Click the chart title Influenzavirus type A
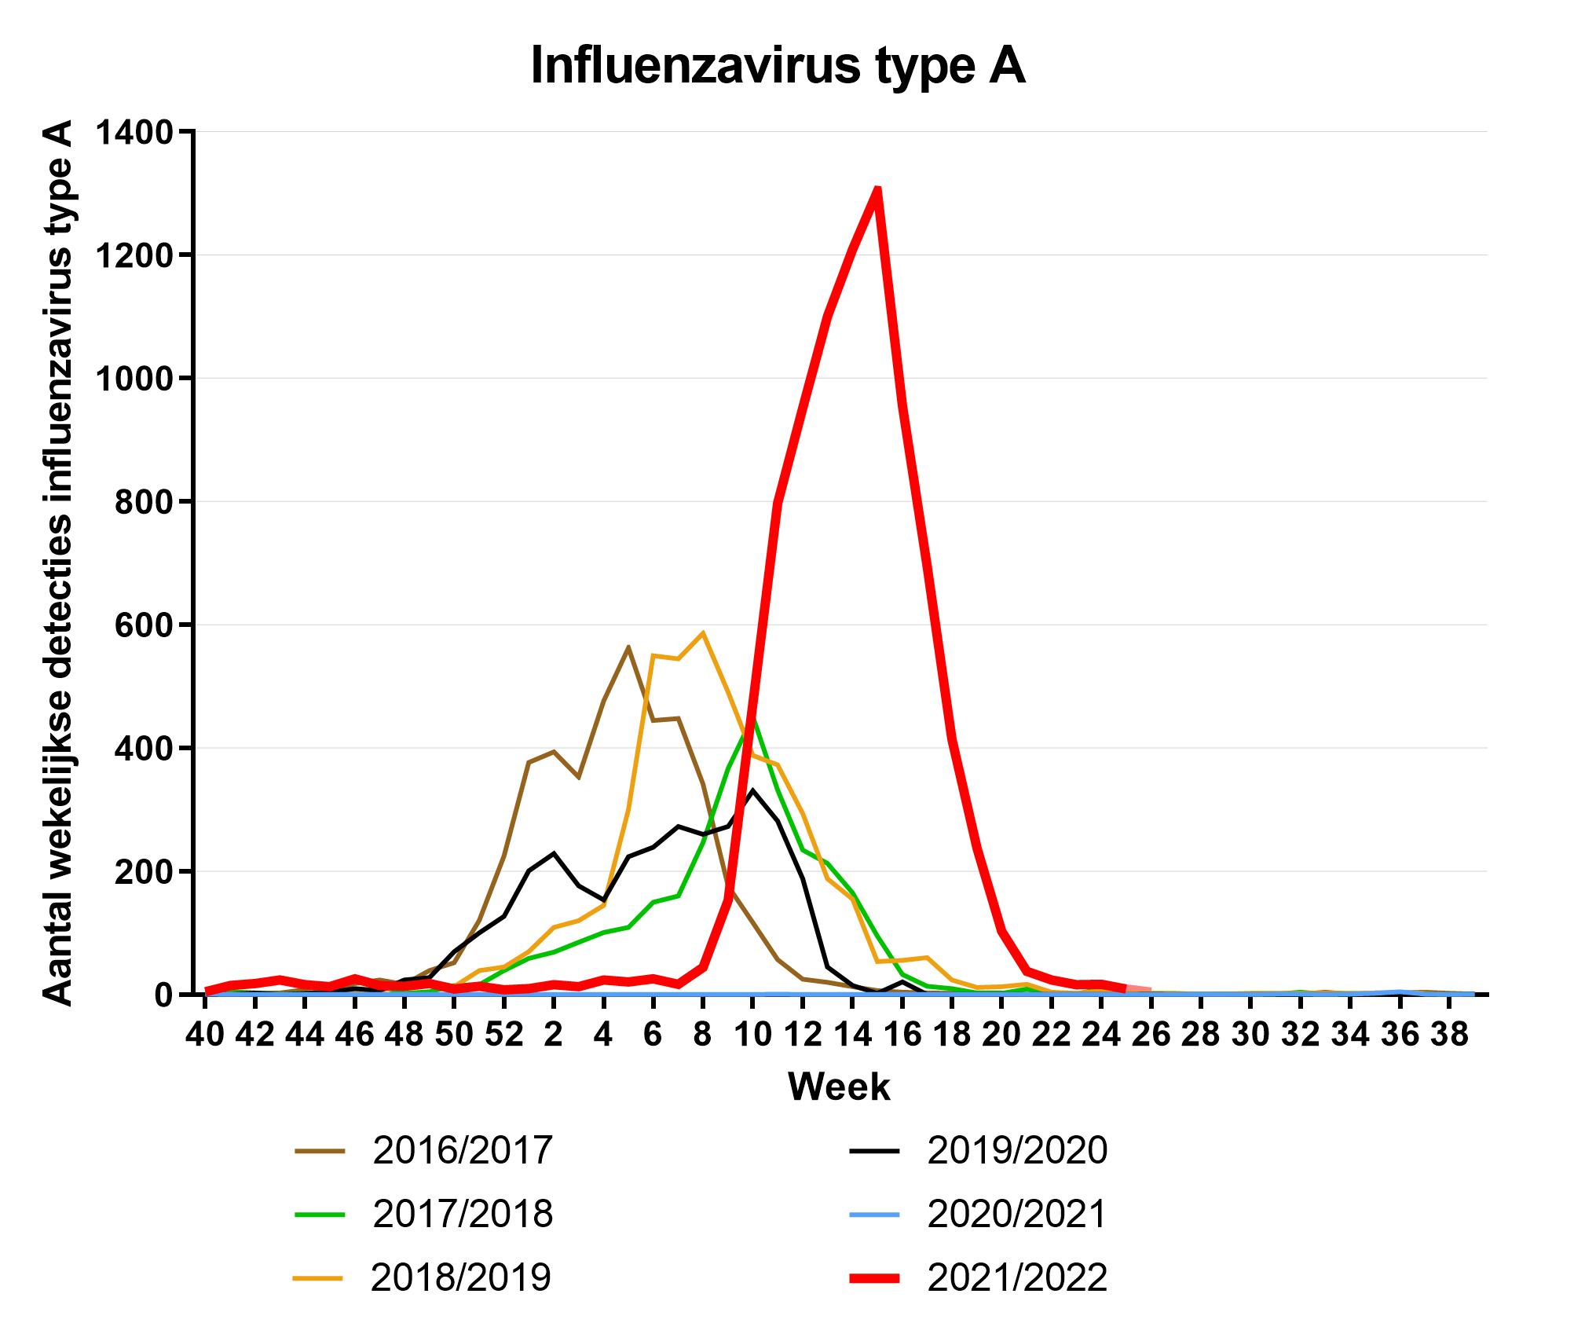(778, 66)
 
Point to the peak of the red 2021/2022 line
(877, 189)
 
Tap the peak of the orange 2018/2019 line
(703, 632)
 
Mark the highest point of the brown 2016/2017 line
(628, 647)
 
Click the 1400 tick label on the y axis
(133, 132)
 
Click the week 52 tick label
(503, 1035)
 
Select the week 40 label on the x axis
(205, 1035)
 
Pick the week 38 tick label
(1449, 1035)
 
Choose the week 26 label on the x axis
(1151, 1035)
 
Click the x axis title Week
(839, 1087)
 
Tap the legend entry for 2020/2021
(1016, 1214)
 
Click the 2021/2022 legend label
(1016, 1277)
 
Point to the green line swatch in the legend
(320, 1215)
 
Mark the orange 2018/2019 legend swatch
(318, 1278)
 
